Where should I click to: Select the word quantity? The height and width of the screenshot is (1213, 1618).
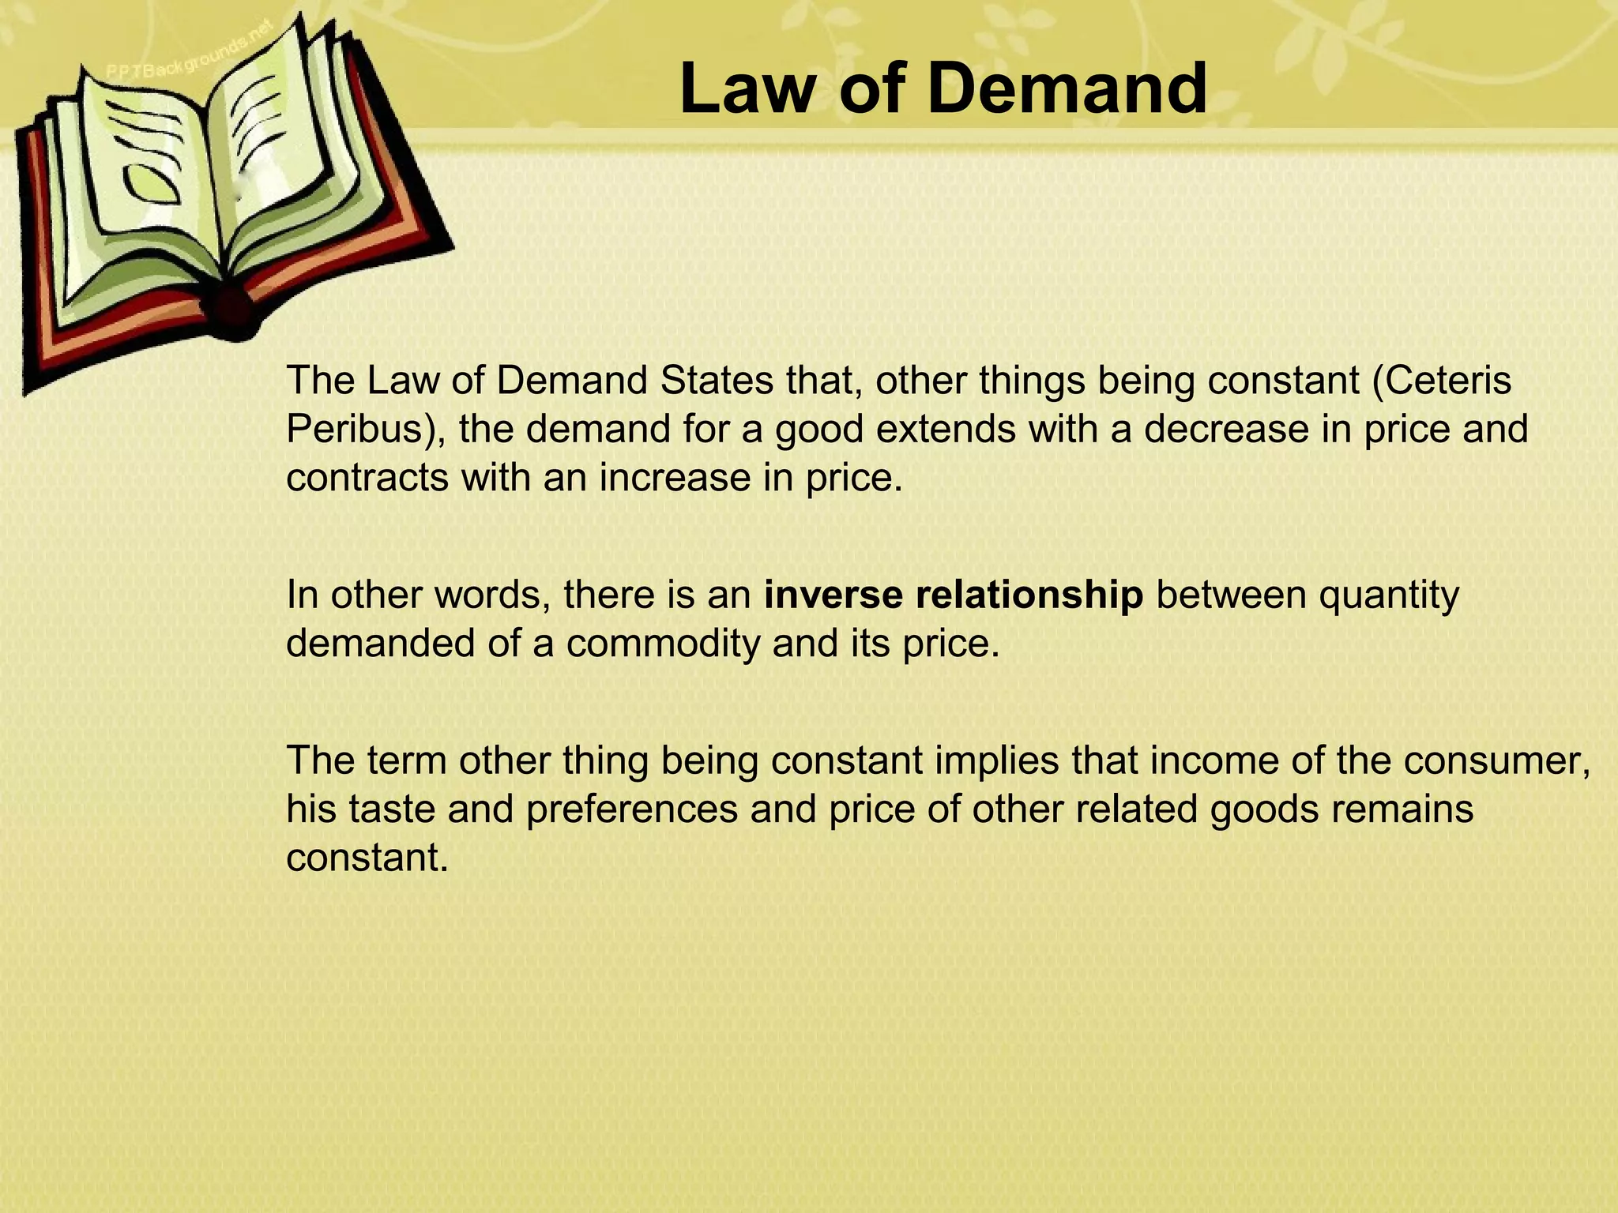(1388, 596)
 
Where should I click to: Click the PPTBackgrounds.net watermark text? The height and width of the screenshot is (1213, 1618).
(190, 51)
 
